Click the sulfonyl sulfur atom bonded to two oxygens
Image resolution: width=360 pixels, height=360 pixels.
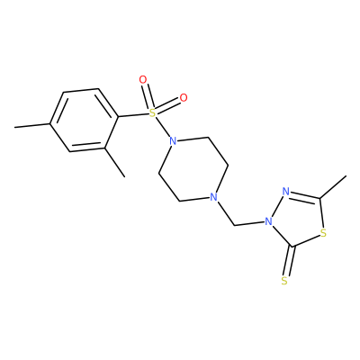[153, 112]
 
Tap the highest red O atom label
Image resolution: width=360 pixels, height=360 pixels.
[143, 80]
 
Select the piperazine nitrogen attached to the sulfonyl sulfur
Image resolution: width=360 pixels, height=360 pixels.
[173, 140]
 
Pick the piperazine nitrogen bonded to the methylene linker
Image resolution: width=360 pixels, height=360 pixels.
[212, 197]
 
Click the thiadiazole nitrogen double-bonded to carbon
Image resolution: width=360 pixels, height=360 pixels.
[286, 191]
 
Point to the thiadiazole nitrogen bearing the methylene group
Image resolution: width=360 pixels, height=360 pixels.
[268, 221]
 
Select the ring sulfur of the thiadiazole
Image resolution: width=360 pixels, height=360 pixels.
[323, 232]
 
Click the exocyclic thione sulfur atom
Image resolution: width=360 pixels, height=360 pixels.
[284, 281]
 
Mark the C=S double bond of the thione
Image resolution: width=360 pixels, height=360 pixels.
[290, 260]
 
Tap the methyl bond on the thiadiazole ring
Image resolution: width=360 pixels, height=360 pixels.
[333, 187]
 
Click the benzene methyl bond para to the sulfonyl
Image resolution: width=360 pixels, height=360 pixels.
[32, 125]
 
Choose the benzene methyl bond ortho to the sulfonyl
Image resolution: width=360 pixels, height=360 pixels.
[115, 162]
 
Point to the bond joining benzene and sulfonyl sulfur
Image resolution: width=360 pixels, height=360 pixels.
[133, 115]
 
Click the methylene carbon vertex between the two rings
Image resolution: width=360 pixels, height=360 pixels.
[234, 225]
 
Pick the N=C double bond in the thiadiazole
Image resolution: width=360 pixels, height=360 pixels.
[305, 195]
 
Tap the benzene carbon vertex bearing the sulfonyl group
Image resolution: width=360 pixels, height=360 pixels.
[118, 116]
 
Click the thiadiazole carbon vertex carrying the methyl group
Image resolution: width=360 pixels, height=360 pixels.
[320, 199]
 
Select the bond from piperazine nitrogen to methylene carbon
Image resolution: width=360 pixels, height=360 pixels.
[225, 213]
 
